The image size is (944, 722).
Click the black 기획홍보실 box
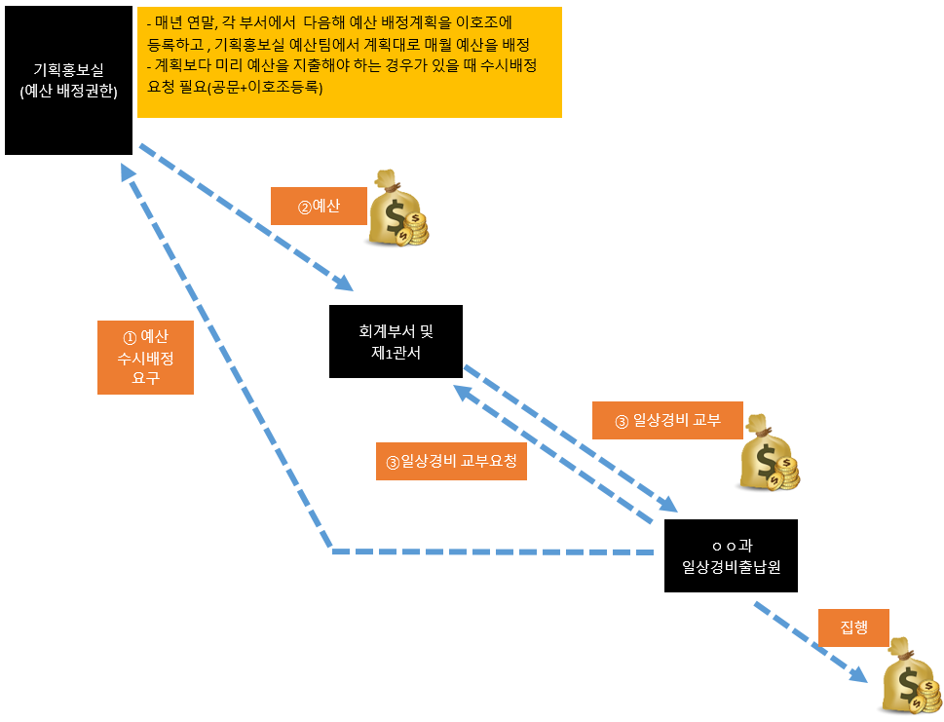[x=68, y=80]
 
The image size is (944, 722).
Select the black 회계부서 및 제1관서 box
[x=396, y=341]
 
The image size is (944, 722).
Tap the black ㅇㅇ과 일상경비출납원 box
[x=731, y=555]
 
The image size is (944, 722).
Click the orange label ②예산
[x=318, y=207]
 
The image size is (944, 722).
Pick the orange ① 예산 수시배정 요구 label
[x=145, y=358]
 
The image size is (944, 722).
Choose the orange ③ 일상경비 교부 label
[x=667, y=420]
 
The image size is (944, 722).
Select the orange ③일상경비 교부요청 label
[x=451, y=461]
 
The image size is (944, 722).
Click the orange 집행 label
[x=852, y=627]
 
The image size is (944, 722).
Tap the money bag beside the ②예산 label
[x=396, y=209]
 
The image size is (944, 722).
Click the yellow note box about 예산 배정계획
[x=349, y=62]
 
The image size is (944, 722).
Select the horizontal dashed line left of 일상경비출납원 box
[x=492, y=552]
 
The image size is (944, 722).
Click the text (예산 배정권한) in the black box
[x=68, y=93]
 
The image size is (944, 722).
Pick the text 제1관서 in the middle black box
[x=396, y=353]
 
